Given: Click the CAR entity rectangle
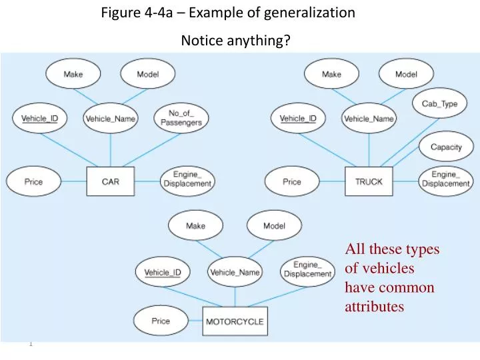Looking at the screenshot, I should pyautogui.click(x=111, y=182).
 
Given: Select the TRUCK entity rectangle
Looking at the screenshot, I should pyautogui.click(x=369, y=182).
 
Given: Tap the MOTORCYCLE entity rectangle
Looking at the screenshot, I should pyautogui.click(x=235, y=321).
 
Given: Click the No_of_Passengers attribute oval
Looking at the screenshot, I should pyautogui.click(x=181, y=119).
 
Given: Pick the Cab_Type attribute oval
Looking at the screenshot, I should pyautogui.click(x=439, y=104).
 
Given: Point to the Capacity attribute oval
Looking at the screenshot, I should pyautogui.click(x=446, y=147).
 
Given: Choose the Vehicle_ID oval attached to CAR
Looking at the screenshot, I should pyautogui.click(x=40, y=119).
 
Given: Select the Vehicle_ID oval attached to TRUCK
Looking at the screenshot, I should pyautogui.click(x=298, y=119).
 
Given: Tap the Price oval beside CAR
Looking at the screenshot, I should pyautogui.click(x=34, y=182).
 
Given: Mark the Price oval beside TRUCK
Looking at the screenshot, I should pyautogui.click(x=292, y=182).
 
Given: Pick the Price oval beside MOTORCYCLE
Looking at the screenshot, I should pyautogui.click(x=161, y=321).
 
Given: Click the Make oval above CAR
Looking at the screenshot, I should pyautogui.click(x=73, y=75).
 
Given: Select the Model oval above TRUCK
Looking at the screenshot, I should pyautogui.click(x=406, y=75).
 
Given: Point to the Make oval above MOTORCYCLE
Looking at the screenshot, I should pyautogui.click(x=196, y=226).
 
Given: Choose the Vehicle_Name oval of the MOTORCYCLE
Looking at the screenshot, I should pyautogui.click(x=235, y=272).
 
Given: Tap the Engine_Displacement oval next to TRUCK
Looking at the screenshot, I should pyautogui.click(x=445, y=179).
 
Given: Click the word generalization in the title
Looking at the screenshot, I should pyautogui.click(x=310, y=12).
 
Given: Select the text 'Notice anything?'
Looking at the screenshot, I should pyautogui.click(x=235, y=41).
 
